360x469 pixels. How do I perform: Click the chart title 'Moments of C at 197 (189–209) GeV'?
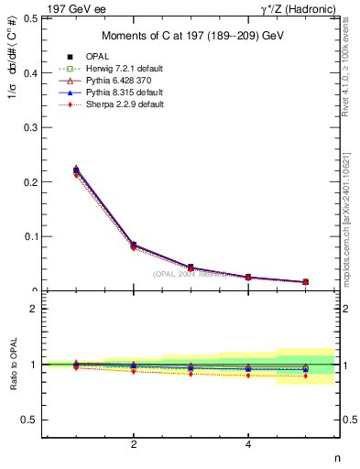click(191, 36)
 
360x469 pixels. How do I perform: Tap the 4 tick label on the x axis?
click(248, 445)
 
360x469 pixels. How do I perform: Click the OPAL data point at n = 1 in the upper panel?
click(76, 170)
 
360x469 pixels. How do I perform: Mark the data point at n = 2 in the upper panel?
click(134, 245)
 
